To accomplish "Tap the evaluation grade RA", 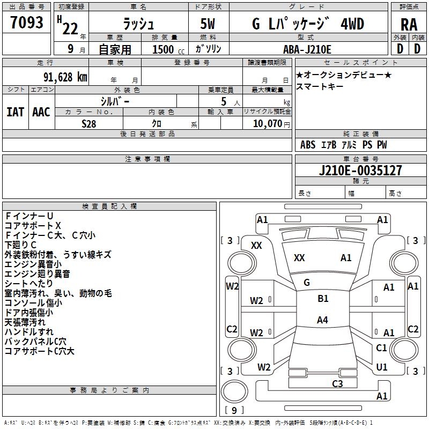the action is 409,25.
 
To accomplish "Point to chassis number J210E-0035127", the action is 360,171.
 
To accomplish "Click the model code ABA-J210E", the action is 307,49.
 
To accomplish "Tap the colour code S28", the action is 89,123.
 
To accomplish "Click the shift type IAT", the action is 16,112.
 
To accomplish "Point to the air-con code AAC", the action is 41,112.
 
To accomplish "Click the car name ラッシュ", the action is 138,25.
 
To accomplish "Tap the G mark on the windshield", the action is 307,283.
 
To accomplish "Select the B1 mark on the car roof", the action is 323,299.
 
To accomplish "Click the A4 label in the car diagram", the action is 322,320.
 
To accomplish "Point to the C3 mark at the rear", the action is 337,383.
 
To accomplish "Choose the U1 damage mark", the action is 382,367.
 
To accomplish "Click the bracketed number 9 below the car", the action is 233,410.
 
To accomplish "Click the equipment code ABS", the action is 308,145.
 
